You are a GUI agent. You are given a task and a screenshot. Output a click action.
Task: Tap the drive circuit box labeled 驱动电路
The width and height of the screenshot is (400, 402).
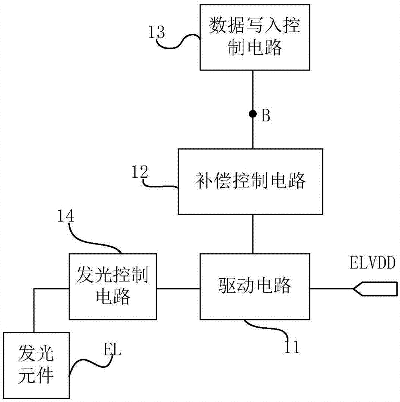(255, 286)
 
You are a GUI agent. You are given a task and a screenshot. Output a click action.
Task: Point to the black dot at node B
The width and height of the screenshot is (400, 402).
(252, 115)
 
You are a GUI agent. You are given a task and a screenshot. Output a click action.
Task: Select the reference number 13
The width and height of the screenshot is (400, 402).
(156, 32)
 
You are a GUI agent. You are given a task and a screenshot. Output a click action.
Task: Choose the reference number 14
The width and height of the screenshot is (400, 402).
(65, 216)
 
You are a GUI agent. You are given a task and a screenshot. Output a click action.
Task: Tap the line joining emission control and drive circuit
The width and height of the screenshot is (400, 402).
(179, 288)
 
